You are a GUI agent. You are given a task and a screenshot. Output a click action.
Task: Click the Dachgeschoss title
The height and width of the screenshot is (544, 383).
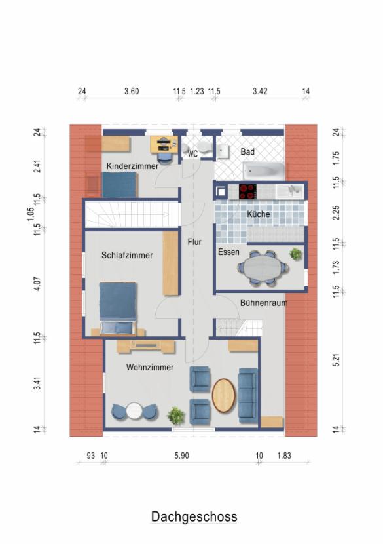(194, 517)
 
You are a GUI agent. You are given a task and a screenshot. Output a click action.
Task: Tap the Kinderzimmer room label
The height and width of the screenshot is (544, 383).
(132, 166)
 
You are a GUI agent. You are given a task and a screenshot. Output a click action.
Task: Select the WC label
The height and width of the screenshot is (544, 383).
(192, 153)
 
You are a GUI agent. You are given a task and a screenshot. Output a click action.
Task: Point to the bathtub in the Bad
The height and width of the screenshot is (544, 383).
(264, 170)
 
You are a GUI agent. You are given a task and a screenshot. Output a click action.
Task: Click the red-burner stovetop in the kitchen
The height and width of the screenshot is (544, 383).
(248, 191)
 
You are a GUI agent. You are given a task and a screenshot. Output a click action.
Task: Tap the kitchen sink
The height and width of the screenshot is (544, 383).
(291, 191)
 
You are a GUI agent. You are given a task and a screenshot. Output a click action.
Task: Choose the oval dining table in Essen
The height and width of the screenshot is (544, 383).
(264, 268)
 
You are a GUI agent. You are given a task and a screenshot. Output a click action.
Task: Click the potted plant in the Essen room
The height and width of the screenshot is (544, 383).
(296, 254)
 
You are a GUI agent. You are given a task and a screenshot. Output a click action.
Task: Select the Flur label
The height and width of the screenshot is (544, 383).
(194, 242)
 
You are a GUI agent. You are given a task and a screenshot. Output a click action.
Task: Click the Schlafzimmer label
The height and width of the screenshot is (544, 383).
(127, 256)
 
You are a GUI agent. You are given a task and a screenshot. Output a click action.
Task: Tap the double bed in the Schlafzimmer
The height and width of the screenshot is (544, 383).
(118, 308)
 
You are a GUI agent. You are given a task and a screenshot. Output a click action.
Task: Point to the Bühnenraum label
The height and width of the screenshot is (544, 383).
(264, 303)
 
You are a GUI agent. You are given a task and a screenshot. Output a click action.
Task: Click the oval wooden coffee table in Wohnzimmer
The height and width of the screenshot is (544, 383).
(224, 395)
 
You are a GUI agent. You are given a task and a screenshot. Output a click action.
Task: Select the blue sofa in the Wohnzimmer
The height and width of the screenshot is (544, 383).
(248, 395)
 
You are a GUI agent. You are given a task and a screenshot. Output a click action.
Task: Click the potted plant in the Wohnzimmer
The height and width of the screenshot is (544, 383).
(176, 416)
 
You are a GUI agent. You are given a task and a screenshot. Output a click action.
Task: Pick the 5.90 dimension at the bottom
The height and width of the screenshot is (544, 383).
(181, 456)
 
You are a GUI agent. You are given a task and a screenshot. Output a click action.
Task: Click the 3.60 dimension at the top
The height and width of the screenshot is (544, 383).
(132, 91)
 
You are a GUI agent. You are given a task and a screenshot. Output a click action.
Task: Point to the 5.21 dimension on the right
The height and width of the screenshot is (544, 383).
(336, 360)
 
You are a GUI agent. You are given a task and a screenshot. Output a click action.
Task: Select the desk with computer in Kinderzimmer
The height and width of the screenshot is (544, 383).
(164, 144)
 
